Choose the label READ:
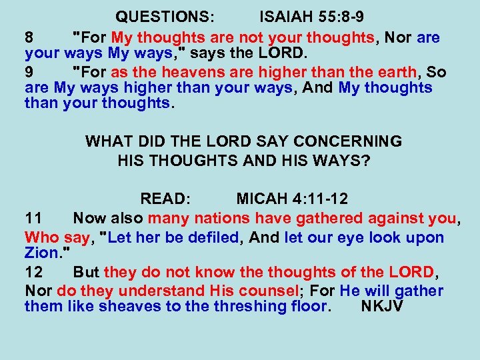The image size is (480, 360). coord(165,199)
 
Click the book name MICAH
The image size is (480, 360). coord(262,199)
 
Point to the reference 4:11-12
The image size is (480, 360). coord(318,199)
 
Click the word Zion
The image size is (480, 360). coord(41,254)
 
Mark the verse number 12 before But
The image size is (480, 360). coord(34,272)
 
